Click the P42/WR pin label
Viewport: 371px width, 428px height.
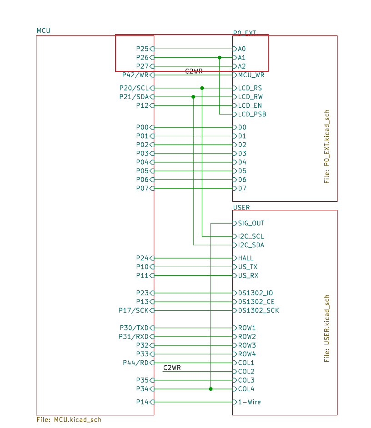coord(135,75)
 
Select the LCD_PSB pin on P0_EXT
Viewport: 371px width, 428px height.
coord(252,114)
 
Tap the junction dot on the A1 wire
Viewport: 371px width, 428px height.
coord(220,58)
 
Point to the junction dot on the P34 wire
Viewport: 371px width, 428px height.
coord(211,389)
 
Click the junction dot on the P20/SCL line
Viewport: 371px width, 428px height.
coord(202,88)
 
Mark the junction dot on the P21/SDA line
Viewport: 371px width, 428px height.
coord(193,97)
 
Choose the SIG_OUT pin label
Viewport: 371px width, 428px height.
coord(251,224)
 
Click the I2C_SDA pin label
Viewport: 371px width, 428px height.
coord(251,245)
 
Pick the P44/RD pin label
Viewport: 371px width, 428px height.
coord(135,363)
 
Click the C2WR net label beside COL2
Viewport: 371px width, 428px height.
coord(172,368)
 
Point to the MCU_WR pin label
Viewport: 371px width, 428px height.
coord(251,75)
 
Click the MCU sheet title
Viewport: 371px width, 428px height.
coord(43,31)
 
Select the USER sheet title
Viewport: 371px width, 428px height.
coord(241,208)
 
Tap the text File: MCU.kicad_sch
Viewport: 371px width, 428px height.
coord(69,420)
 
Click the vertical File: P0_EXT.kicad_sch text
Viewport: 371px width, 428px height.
coord(327,147)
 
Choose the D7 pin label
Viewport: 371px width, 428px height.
coord(242,188)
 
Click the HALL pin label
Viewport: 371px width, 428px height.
coord(246,258)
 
